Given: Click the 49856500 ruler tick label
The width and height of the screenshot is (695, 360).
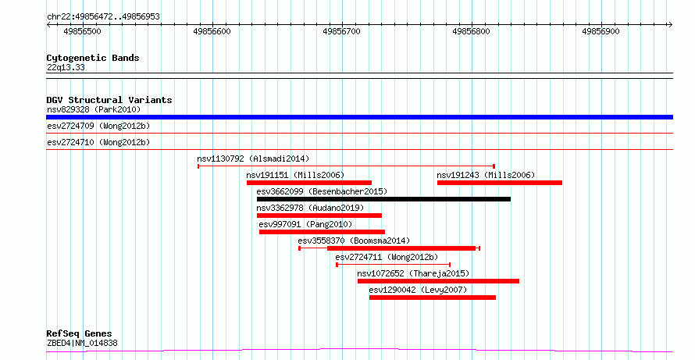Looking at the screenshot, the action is pos(83,31).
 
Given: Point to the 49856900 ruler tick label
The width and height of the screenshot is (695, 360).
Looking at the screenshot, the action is pos(601,31).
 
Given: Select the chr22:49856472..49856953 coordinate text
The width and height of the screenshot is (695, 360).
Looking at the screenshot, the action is pos(103,17).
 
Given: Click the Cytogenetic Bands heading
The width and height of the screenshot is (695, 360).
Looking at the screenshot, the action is pos(93,58).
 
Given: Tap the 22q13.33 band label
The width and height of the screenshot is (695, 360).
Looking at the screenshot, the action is pos(66,68).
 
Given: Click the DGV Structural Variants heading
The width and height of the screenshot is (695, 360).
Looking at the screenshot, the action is pos(109,100).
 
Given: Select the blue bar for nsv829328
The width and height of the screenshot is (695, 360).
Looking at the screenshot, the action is pos(359,117).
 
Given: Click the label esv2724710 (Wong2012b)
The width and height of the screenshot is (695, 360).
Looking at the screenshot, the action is pos(98,142).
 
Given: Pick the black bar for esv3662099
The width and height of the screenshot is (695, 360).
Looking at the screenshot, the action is pos(384,199).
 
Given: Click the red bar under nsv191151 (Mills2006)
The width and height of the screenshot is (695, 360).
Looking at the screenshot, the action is pos(309,183).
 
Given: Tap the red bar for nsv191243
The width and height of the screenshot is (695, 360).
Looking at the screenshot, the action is pos(500,183).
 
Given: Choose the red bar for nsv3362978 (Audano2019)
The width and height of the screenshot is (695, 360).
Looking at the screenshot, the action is pos(319,216).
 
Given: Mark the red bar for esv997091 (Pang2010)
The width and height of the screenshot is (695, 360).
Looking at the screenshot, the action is pos(322,232).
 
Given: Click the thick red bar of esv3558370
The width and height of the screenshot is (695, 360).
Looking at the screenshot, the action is pos(401,248).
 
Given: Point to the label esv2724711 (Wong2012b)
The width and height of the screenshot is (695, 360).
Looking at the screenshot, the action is pos(387,257).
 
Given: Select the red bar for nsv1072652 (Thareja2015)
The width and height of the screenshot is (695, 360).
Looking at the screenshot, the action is pos(438,281).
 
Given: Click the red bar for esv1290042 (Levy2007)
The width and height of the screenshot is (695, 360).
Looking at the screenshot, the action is pos(432,298).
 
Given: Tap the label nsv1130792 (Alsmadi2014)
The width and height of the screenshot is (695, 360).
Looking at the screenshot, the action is pos(253,159).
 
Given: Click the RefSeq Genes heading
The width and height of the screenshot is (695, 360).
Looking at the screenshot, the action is pos(80,333).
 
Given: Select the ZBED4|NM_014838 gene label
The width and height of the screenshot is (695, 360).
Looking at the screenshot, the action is pos(82,343).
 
